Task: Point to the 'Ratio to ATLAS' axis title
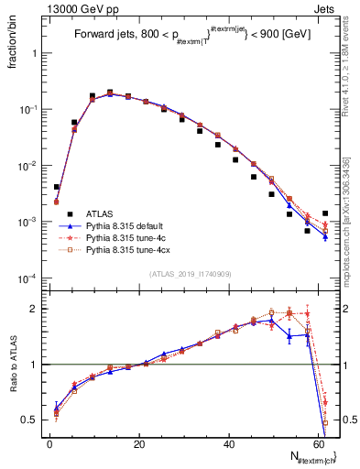[13, 365]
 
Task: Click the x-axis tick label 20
[139, 443]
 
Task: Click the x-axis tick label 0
[50, 443]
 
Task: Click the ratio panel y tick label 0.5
[32, 420]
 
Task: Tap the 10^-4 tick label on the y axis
[30, 278]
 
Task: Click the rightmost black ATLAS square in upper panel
[325, 213]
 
